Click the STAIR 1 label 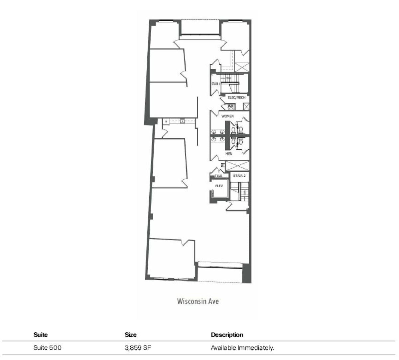pyautogui.click(x=216, y=84)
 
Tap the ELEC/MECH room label pyautogui.click(x=236, y=97)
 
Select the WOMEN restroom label pyautogui.click(x=227, y=116)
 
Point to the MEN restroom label pyautogui.click(x=229, y=154)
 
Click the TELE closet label pyautogui.click(x=218, y=176)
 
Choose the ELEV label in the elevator pyautogui.click(x=219, y=186)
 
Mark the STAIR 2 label pyautogui.click(x=239, y=176)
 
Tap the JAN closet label pyautogui.click(x=230, y=106)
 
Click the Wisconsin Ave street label pyautogui.click(x=198, y=301)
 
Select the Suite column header pyautogui.click(x=41, y=335)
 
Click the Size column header pyautogui.click(x=131, y=335)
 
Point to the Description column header pyautogui.click(x=227, y=335)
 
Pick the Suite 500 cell pyautogui.click(x=48, y=348)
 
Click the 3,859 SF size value pyautogui.click(x=139, y=348)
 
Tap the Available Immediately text pyautogui.click(x=242, y=348)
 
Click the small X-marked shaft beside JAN pyautogui.click(x=246, y=106)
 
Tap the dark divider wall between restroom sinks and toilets pyautogui.click(x=228, y=135)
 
